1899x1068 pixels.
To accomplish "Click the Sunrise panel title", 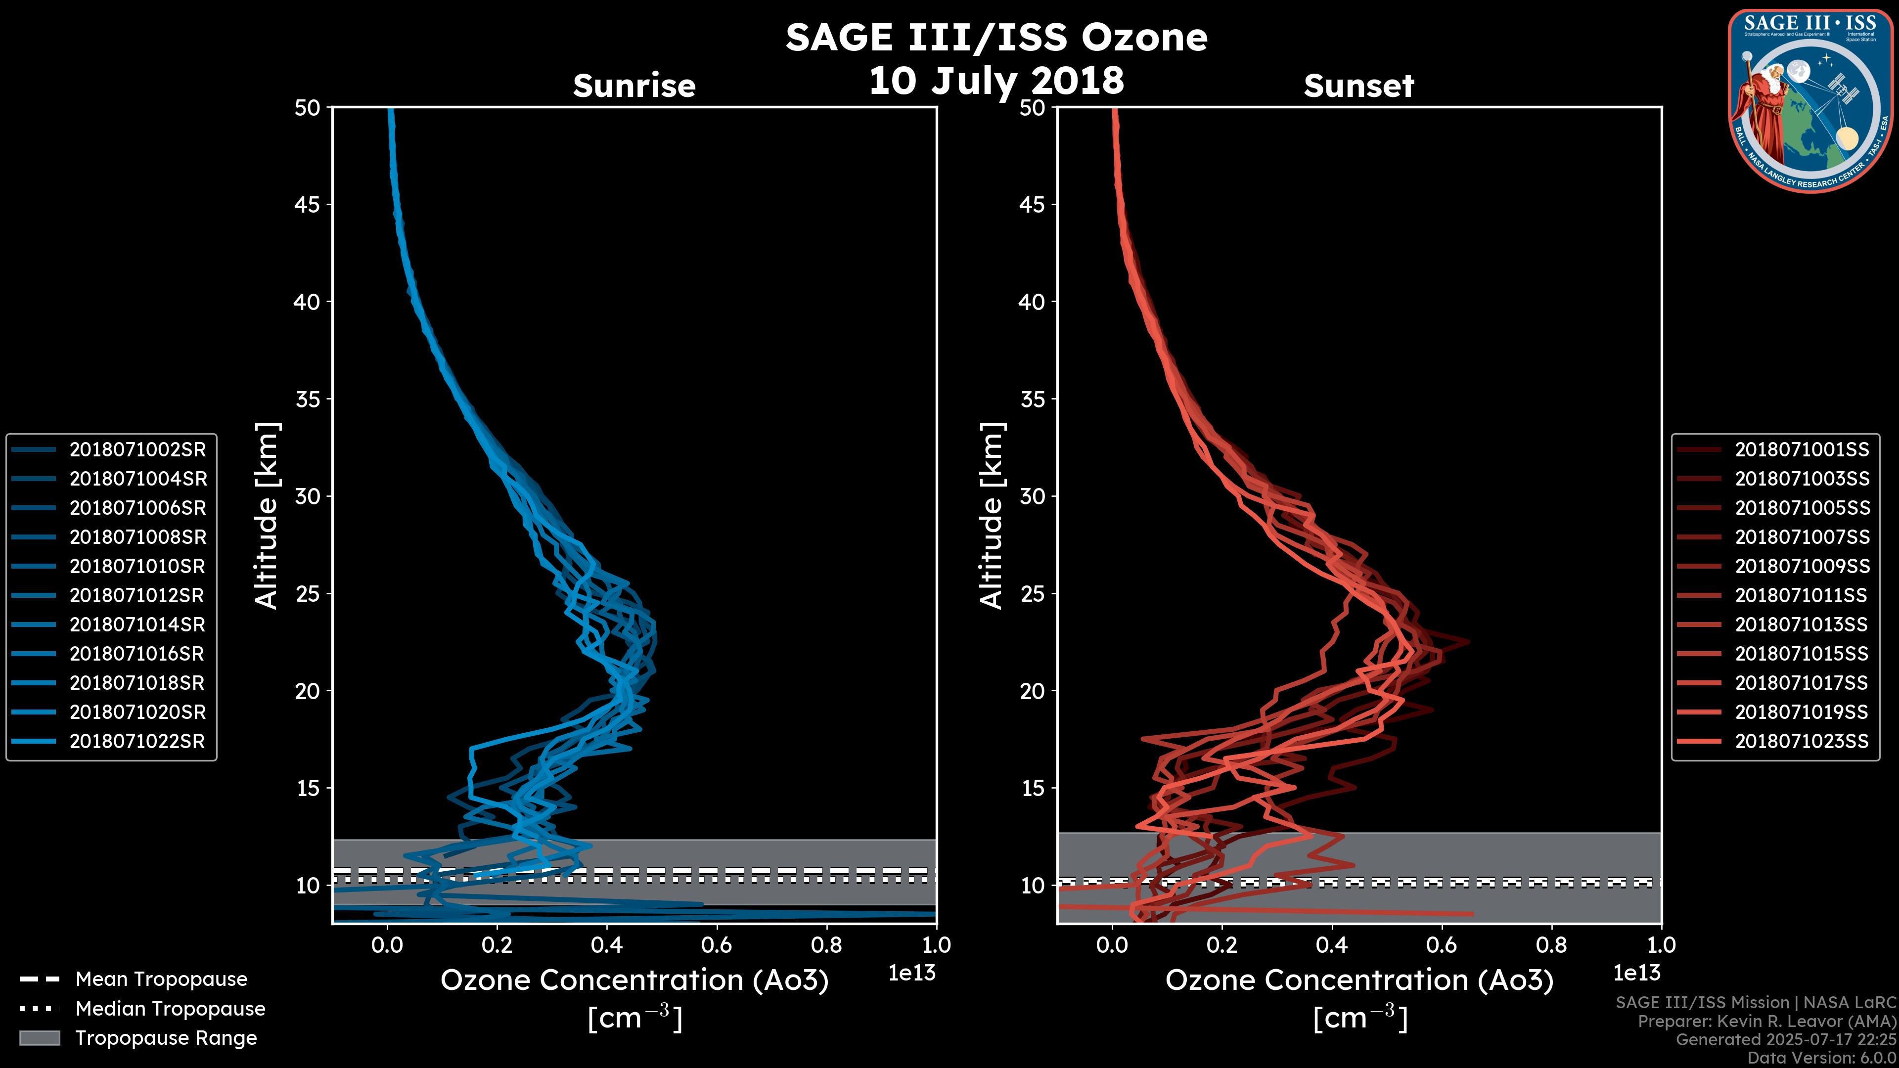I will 634,86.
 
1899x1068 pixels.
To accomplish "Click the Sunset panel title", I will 1358,86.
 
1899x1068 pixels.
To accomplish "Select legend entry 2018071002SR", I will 137,449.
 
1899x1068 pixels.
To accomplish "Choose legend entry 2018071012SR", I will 137,595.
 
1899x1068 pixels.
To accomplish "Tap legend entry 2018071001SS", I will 1802,449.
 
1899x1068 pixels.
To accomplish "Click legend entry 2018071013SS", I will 1802,624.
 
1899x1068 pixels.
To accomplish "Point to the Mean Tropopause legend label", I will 161,979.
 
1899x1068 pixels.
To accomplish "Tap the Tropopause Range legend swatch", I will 39,1038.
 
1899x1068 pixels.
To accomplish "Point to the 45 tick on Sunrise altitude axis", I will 308,204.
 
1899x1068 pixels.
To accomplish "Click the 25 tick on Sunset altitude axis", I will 1032,593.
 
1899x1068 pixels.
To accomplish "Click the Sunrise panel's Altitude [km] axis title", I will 267,516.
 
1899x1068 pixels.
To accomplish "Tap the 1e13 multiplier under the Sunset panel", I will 1636,973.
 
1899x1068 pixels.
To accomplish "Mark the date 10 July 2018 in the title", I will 996,80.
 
